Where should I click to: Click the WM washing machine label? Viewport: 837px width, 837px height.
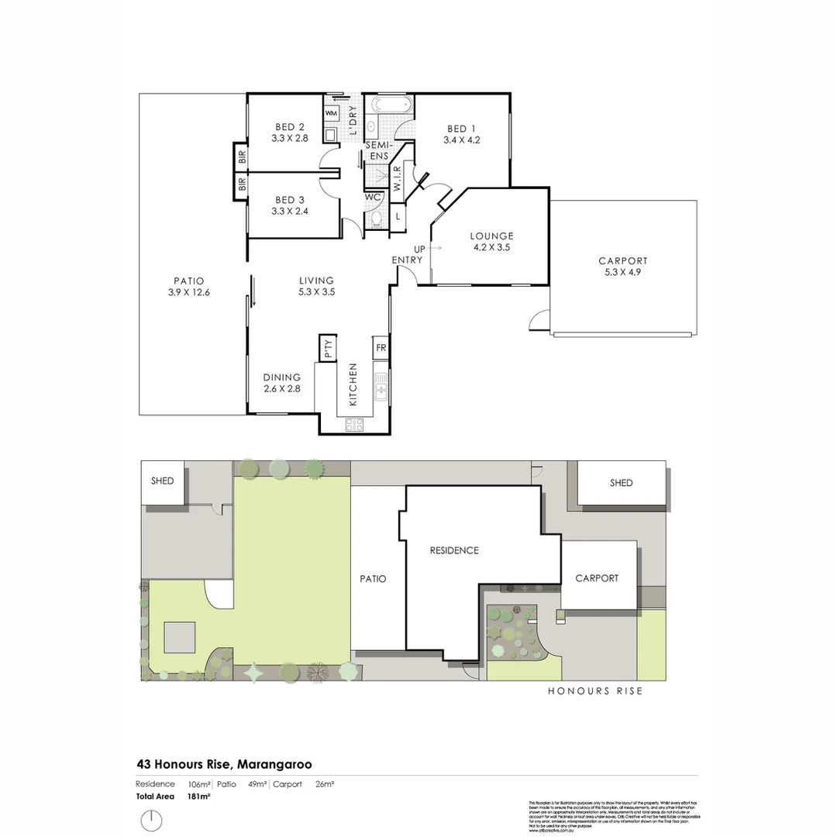point(331,113)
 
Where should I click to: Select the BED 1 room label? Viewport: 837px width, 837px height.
point(457,129)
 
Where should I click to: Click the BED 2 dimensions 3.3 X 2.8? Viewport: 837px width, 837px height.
point(290,139)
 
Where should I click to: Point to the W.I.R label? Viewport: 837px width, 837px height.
point(397,179)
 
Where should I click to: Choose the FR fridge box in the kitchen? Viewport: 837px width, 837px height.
point(381,348)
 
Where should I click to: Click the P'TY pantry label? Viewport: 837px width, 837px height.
point(327,348)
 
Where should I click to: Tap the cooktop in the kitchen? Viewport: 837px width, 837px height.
point(354,424)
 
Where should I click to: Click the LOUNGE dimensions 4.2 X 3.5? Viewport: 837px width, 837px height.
point(491,248)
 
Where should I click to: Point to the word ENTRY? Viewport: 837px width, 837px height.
point(407,260)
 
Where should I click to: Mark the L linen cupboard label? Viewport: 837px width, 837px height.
point(398,217)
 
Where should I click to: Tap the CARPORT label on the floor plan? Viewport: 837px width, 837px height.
point(622,261)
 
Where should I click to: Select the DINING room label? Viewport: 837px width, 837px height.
point(281,377)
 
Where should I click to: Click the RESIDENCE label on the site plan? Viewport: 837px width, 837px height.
point(454,550)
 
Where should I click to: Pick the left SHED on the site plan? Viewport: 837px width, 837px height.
point(163,482)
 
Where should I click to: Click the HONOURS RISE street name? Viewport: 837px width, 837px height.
point(595,691)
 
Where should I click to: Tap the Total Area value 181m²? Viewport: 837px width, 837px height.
point(199,796)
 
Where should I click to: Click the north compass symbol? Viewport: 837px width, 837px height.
point(152,820)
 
